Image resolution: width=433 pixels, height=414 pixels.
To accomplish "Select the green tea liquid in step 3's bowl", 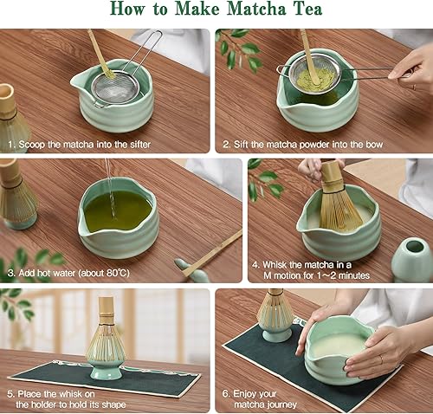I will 116,210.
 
